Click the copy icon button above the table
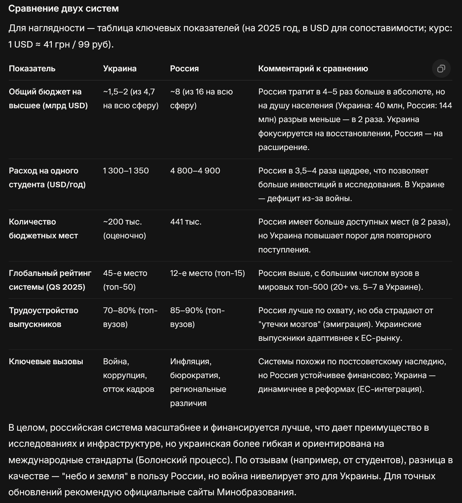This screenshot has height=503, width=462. tap(441, 68)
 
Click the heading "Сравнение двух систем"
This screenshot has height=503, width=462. tap(63, 8)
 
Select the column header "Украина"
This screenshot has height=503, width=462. tap(120, 68)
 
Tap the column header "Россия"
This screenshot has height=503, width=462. tap(184, 68)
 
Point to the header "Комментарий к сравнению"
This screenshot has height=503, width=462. tap(313, 68)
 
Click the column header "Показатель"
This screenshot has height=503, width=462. tap(32, 68)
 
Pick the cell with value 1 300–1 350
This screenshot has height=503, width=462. tap(126, 171)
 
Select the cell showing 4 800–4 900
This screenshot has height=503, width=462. tap(195, 171)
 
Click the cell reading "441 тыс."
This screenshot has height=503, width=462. tap(186, 222)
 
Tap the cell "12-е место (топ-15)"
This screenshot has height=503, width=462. tap(207, 273)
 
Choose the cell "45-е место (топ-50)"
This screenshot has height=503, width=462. tap(125, 280)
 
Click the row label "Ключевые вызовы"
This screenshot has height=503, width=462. tap(46, 361)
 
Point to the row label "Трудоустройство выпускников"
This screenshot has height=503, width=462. tap(43, 317)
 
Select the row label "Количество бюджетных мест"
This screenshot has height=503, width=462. tap(43, 228)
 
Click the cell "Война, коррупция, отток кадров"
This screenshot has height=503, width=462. tap(128, 375)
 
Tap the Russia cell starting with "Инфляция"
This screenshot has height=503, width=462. tap(198, 382)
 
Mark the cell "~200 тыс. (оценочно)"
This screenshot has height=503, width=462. tap(125, 228)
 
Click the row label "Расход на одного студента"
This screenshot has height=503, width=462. tap(47, 177)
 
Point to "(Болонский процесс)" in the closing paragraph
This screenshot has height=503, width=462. tap(184, 460)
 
